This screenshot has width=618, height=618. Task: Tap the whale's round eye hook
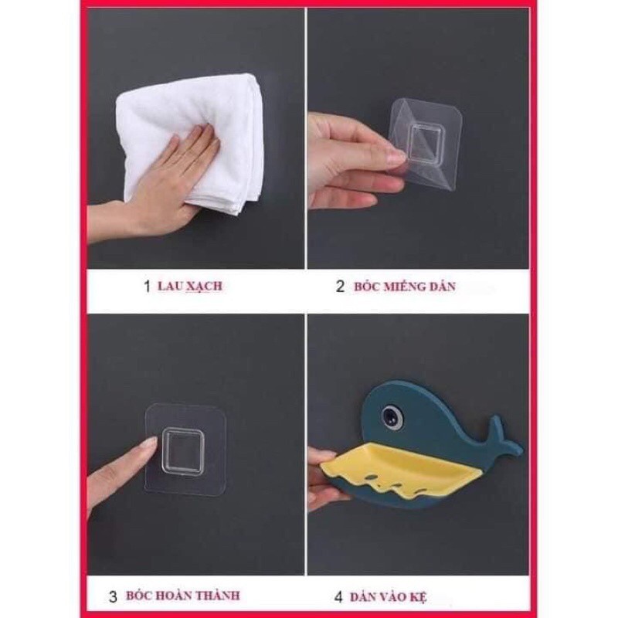(392, 416)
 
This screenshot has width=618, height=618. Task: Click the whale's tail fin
(504, 437)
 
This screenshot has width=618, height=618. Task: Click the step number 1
(147, 287)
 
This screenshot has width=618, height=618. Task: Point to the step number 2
(340, 287)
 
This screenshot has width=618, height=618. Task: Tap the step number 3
(113, 596)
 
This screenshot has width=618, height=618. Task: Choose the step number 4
(338, 596)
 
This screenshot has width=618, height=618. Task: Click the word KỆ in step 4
(419, 596)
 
